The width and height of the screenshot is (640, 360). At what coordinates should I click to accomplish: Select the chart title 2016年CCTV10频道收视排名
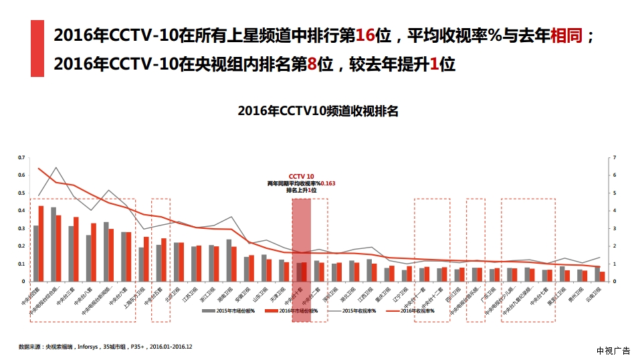[318, 111]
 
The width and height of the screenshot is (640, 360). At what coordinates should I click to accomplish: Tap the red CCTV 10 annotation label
[301, 176]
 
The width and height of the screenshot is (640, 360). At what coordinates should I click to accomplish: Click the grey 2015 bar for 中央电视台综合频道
[54, 244]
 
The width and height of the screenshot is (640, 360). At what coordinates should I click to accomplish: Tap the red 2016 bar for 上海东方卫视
[146, 259]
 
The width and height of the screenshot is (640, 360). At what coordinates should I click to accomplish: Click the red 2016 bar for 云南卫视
[602, 276]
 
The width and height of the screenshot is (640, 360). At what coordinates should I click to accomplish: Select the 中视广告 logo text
[613, 351]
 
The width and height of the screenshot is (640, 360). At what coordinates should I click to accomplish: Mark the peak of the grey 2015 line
[56, 167]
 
